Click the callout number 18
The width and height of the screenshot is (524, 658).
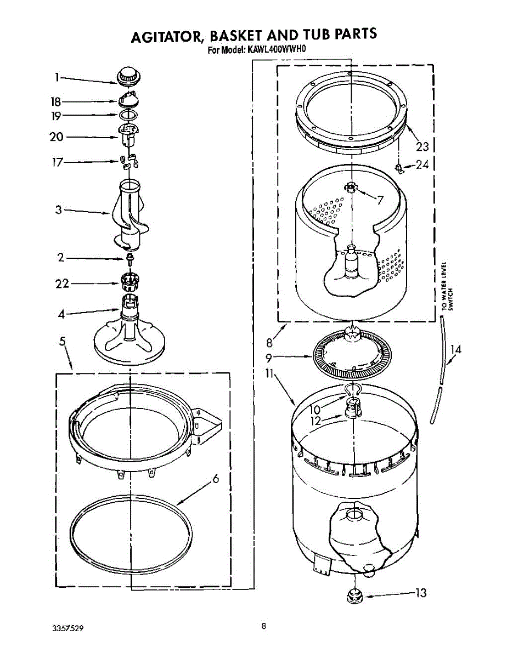(55, 101)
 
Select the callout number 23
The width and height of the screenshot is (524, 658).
(421, 146)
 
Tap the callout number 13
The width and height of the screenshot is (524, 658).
(420, 593)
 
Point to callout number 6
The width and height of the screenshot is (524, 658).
(216, 479)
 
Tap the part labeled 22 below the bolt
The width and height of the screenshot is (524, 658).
(129, 282)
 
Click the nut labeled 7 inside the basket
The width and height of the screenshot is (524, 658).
(351, 188)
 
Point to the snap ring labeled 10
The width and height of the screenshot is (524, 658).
(351, 390)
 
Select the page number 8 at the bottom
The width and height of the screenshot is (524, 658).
(264, 626)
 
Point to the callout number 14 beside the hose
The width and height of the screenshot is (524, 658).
(456, 348)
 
